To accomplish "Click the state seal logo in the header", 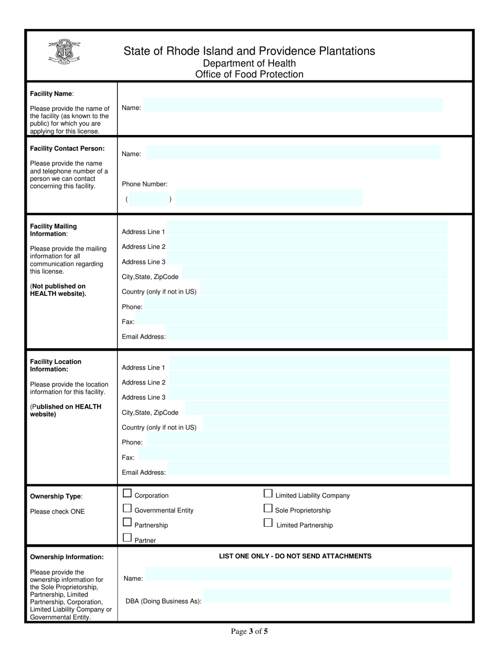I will pos(64,53).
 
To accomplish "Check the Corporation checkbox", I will pos(127,493).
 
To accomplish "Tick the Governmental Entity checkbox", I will pos(127,508).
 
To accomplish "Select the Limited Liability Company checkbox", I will pos(268,493).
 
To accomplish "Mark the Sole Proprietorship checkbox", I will pos(268,508).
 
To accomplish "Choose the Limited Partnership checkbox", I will pos(268,523).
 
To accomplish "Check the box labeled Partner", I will pos(127,537).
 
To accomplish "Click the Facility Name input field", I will pos(293,106).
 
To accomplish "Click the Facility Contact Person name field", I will pos(293,153).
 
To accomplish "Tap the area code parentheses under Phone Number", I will pos(149,200).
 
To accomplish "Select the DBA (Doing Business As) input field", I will pos(327,596).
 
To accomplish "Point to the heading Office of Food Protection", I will pos(249,75).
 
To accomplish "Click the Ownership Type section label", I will pos(56,496).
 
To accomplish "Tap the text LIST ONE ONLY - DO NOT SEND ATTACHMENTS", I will pos(295,556).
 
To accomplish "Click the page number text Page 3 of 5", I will pos(250,632).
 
